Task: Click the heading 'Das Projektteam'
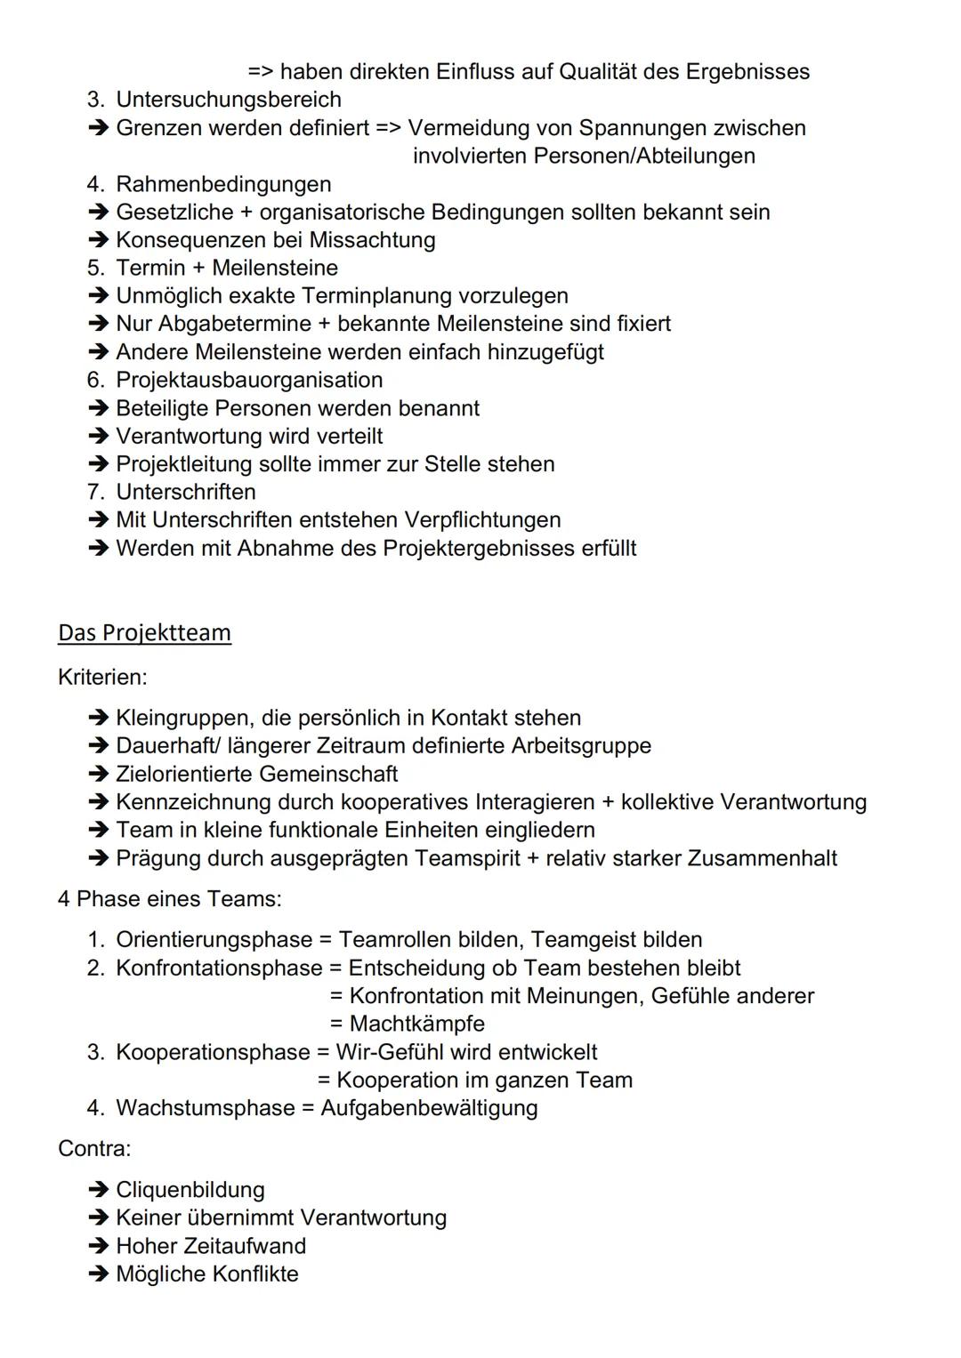pos(144,632)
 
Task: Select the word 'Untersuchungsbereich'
pos(229,100)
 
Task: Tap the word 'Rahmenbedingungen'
pos(223,184)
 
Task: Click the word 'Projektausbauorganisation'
pos(249,380)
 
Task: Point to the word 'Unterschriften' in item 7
pos(186,492)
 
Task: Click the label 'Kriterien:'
pos(102,677)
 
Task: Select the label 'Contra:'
pos(94,1148)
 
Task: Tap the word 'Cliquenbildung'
pos(190,1190)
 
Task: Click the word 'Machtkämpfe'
pos(416,1024)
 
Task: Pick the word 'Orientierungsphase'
pos(214,940)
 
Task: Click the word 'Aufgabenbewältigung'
pos(429,1108)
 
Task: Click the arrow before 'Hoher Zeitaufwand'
pos(98,1246)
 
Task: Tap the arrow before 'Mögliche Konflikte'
pos(98,1274)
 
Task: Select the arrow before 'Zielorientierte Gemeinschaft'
pos(98,775)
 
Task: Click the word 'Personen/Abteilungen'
pos(644,156)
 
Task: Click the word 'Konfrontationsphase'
pos(219,968)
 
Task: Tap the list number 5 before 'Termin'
pos(95,268)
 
